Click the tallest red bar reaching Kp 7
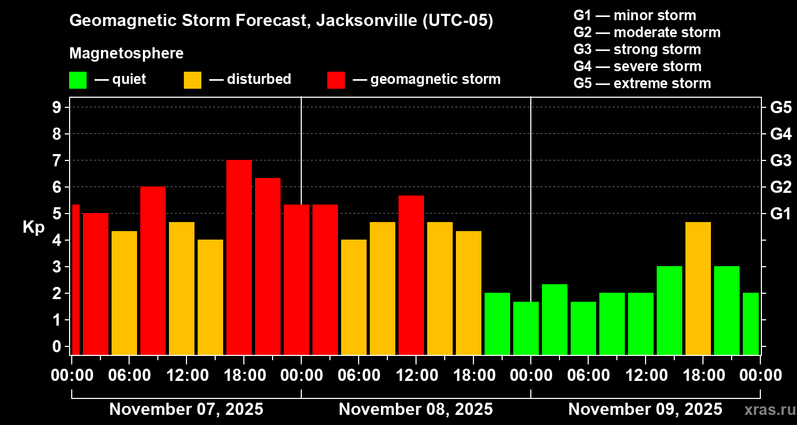tap(239, 257)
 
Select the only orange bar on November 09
tap(698, 288)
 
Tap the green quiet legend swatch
tap(78, 80)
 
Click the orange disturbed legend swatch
tap(192, 80)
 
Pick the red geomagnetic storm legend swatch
tap(336, 80)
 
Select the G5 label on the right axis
tap(781, 107)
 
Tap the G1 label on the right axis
tap(781, 214)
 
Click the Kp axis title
tap(33, 227)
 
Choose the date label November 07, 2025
tap(186, 410)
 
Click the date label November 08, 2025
tap(416, 410)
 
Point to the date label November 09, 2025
tap(645, 410)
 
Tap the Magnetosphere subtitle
tap(126, 54)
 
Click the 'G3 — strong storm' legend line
tap(637, 49)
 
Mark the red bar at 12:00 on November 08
tap(411, 275)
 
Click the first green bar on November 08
tap(497, 324)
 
